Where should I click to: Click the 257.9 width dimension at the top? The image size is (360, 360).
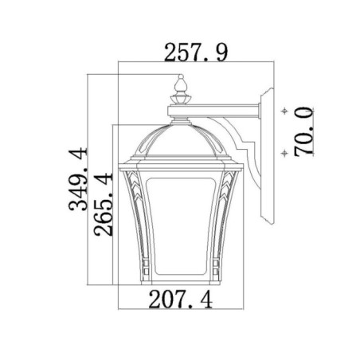pyautogui.click(x=195, y=53)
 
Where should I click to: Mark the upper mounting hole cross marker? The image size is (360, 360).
pyautogui.click(x=284, y=112)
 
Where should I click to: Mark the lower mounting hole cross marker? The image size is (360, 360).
pyautogui.click(x=284, y=151)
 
